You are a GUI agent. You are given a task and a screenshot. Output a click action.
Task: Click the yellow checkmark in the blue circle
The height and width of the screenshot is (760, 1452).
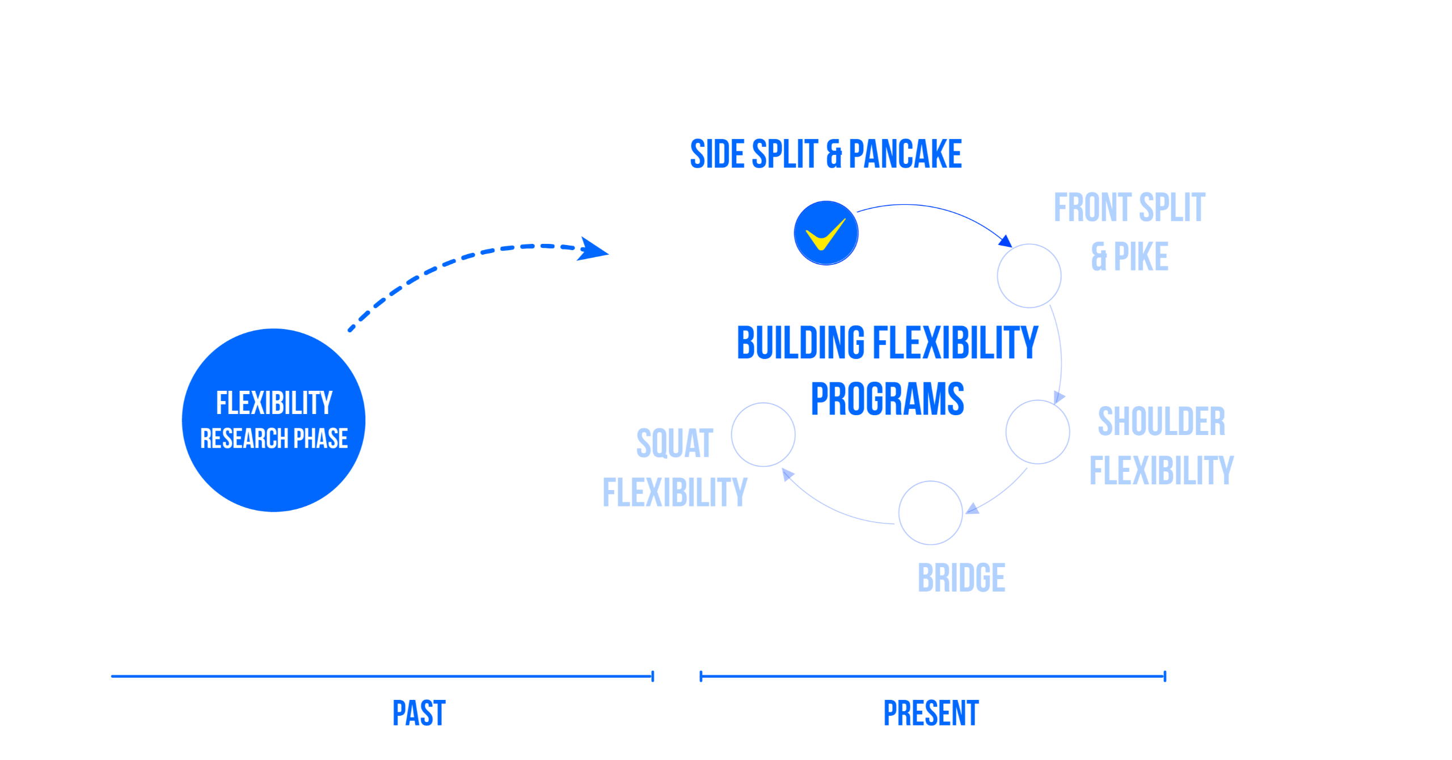(825, 234)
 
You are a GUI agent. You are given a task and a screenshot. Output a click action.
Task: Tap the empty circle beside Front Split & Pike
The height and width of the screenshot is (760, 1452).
(1029, 276)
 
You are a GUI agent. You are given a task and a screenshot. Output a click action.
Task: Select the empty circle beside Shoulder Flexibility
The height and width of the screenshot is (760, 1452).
(1037, 432)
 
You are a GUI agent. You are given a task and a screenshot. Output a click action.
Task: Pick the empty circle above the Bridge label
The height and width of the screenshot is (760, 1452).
(930, 513)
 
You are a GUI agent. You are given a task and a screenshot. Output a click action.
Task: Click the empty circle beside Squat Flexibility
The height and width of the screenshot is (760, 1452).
(763, 434)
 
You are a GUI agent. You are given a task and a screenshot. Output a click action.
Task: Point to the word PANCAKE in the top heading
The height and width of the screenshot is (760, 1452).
(905, 154)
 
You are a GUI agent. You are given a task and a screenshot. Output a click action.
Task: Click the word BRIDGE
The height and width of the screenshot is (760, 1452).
(961, 578)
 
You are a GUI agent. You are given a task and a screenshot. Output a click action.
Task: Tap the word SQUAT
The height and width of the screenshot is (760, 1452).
(674, 443)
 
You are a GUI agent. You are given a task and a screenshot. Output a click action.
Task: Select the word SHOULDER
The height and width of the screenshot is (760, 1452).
(1161, 421)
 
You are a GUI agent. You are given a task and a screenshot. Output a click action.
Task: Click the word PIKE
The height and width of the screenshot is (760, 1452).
(1141, 256)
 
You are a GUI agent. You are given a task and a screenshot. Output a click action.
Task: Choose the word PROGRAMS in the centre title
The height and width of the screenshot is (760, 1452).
(887, 399)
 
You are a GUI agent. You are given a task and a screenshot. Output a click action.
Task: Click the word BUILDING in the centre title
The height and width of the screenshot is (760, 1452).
(801, 343)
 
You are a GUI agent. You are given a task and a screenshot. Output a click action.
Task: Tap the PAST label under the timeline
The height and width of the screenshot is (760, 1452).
(419, 713)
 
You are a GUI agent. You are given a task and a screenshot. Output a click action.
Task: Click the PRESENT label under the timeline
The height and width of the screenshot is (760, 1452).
(931, 713)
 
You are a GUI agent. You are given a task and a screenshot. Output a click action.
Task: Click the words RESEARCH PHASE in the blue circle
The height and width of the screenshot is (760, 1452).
(274, 438)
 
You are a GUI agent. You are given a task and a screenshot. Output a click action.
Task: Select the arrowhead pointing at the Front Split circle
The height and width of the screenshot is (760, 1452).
(1006, 241)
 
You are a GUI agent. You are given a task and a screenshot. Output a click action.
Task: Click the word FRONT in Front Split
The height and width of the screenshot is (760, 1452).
(1091, 208)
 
